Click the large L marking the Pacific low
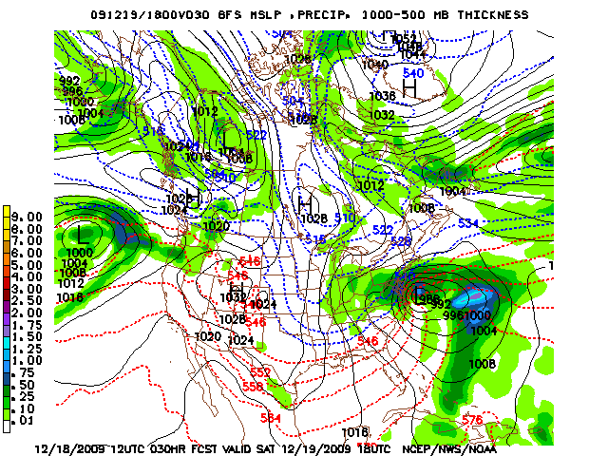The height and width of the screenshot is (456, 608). (x=84, y=231)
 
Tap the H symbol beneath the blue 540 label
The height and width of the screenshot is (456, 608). (x=409, y=86)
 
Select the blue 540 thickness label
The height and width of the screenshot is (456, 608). (x=413, y=73)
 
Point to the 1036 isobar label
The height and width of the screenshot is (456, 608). (x=382, y=97)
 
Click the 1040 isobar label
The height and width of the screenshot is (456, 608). (x=375, y=65)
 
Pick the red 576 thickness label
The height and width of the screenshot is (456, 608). (x=472, y=419)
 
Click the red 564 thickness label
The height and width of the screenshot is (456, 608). (x=272, y=417)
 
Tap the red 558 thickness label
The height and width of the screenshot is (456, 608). (x=252, y=387)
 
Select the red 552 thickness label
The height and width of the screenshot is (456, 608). (x=260, y=372)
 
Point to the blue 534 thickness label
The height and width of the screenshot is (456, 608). (x=468, y=223)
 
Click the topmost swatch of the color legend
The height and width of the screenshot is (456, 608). (x=8, y=211)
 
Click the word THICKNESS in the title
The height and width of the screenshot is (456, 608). (x=493, y=15)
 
